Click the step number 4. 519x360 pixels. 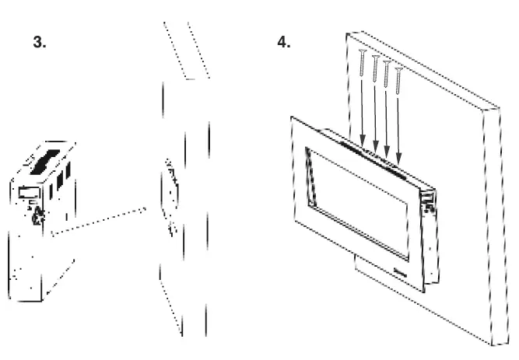coord(284,43)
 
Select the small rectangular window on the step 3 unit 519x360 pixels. coord(30,190)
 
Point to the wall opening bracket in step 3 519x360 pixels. coord(170,194)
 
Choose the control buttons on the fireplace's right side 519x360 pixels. coord(427,204)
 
